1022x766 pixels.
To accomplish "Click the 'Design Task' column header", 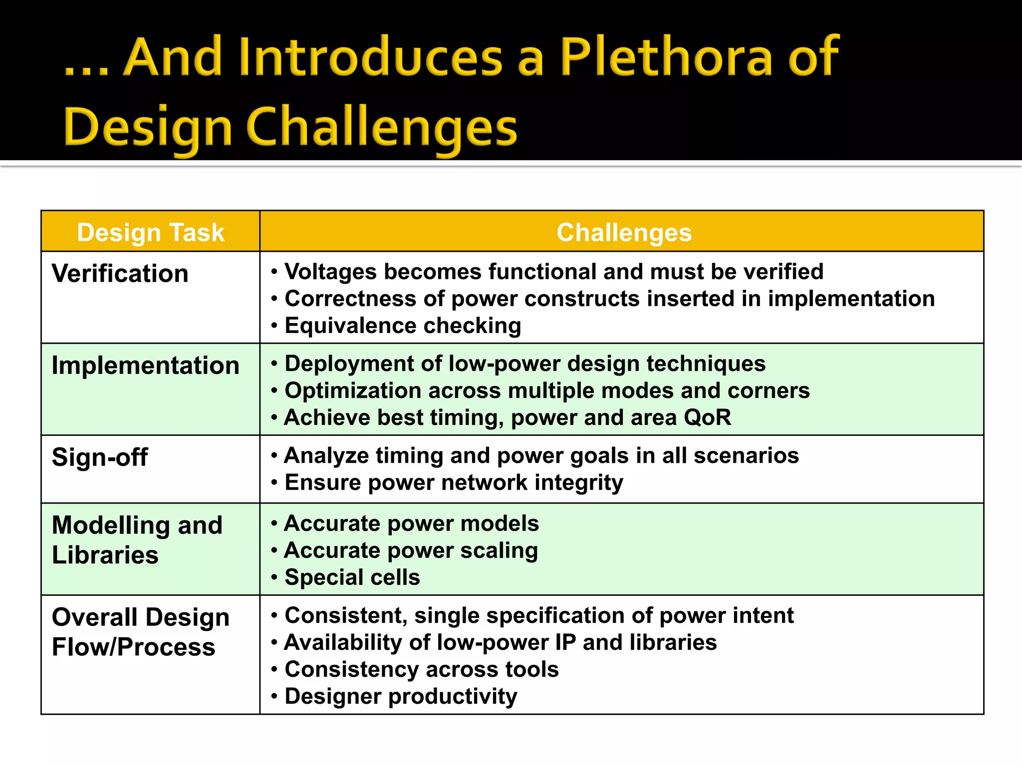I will pos(150,232).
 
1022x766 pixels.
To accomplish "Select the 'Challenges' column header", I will pos(624,232).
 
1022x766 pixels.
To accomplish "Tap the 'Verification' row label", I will pos(120,274).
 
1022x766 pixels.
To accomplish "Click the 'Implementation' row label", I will pos(146,366).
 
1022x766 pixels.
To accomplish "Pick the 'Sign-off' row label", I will pos(100,457).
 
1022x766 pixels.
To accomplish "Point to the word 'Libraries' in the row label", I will pos(105,555).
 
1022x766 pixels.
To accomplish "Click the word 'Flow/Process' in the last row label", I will pos(134,647).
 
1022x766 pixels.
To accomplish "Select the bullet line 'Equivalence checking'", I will pos(402,326).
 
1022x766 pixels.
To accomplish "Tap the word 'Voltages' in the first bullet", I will pos(330,272).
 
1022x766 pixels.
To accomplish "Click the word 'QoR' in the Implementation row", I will pos(707,417).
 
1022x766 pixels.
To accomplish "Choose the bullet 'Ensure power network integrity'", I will pos(453,483).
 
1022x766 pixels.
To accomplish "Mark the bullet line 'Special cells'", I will pos(352,577).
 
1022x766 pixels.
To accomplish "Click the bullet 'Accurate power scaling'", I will pos(411,551).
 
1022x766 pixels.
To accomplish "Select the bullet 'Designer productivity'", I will pos(400,696).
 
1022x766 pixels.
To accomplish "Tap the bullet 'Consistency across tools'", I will pos(421,669).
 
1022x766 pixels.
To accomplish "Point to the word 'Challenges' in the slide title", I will pos(382,128).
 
